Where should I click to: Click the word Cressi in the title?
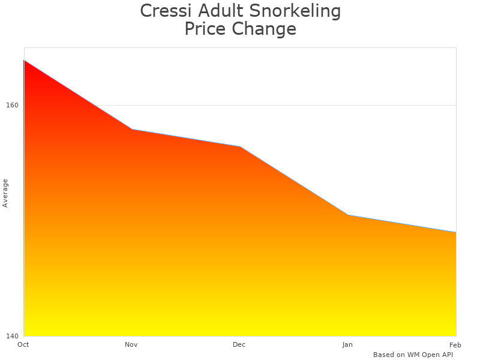click(163, 11)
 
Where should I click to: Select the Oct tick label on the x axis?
click(23, 344)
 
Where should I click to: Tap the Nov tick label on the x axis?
click(131, 344)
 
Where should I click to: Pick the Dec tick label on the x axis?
click(239, 344)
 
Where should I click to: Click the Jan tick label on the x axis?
click(347, 344)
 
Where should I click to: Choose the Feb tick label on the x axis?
click(455, 344)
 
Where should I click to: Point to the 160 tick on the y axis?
click(12, 105)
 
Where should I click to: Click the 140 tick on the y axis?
click(12, 335)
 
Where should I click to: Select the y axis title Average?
click(5, 193)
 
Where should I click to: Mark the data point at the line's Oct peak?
click(24, 60)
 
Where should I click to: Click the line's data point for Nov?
click(132, 129)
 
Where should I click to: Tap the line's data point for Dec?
click(240, 146)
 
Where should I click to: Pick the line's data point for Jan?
click(348, 215)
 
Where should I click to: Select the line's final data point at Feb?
click(456, 232)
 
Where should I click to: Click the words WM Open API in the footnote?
click(430, 355)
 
